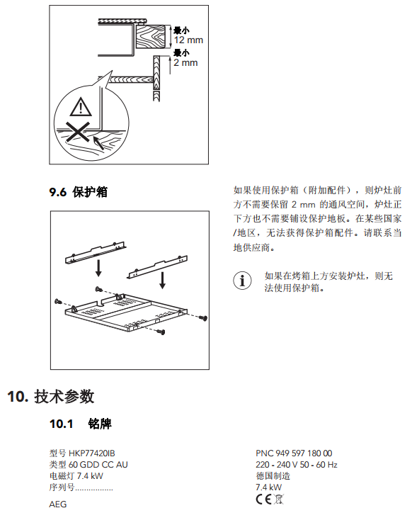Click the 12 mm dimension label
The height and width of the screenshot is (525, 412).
pos(188,40)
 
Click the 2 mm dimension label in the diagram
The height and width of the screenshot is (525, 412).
pos(185,62)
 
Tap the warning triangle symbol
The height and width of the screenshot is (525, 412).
pos(81,106)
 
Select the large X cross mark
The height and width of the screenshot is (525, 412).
pos(78,132)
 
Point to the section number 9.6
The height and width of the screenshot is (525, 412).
pos(58,192)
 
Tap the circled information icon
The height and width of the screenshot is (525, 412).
pos(242,281)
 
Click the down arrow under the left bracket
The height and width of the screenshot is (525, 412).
pos(98,268)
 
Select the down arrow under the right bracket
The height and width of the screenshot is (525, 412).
pos(163,280)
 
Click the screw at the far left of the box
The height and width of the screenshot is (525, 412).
pos(59,302)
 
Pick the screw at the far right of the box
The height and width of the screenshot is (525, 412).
pos(203,317)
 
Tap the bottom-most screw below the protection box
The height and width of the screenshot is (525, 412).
pos(161,332)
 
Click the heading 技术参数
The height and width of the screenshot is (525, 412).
pos(64,397)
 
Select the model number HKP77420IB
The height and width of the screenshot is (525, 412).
pos(91,453)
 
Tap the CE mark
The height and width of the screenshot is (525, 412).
pos(264,499)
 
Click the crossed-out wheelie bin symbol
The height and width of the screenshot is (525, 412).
pos(279,499)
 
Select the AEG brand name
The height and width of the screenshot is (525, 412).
pos(58,504)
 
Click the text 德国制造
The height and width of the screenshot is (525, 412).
pos(273,476)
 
